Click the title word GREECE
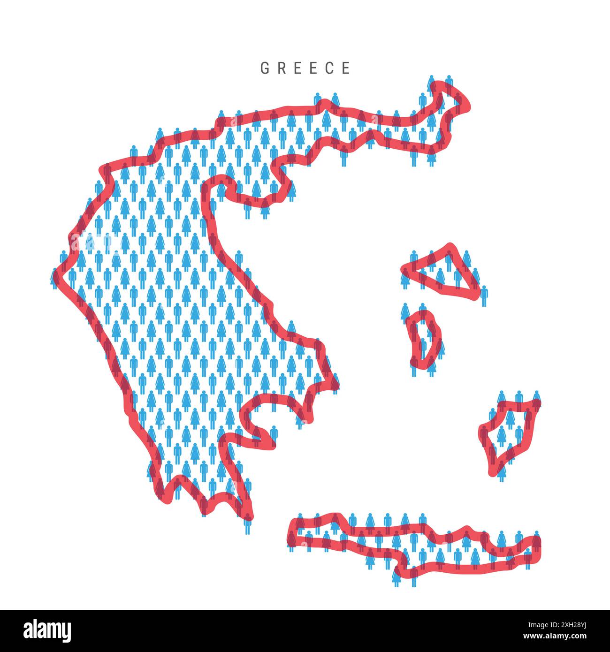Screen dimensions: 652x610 [x=305, y=68]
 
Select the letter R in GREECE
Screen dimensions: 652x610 [x=282, y=68]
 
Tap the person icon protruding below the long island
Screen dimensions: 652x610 [x=397, y=579]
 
